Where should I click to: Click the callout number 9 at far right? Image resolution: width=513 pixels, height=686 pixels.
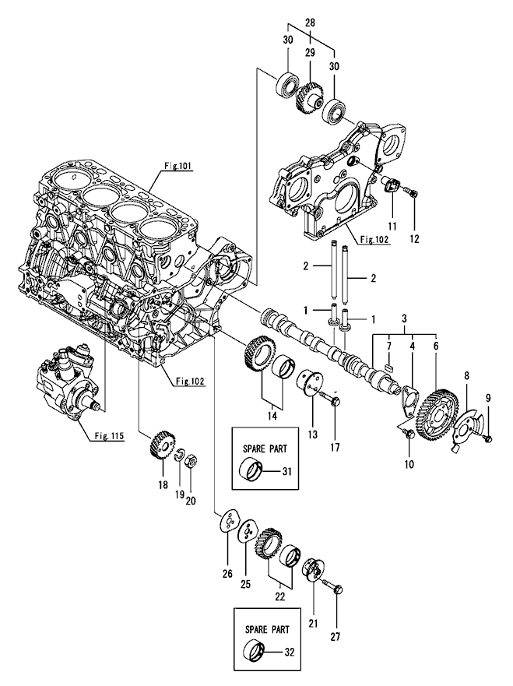tap(489, 399)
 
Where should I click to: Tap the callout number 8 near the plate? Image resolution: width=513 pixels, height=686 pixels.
tap(467, 376)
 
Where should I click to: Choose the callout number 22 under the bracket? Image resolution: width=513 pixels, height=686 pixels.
tap(279, 597)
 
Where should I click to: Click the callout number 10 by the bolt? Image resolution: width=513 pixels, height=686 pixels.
tap(408, 466)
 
